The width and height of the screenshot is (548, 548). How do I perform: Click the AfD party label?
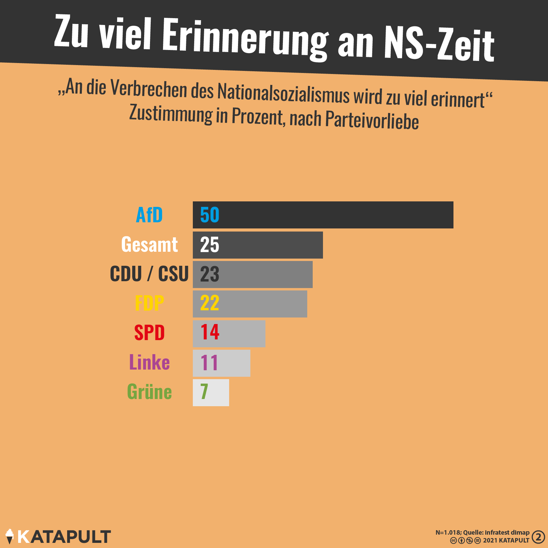(x=149, y=215)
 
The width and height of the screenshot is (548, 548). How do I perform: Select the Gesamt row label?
(x=149, y=245)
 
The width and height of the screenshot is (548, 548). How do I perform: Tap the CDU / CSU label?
(x=149, y=274)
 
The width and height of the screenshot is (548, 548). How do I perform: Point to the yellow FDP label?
(x=149, y=303)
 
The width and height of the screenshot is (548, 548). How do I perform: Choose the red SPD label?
(x=149, y=333)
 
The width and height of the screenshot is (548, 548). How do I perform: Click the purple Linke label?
(x=149, y=362)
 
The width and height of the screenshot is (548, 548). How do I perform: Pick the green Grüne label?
(x=149, y=392)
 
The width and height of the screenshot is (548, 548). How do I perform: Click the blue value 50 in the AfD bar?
(x=210, y=215)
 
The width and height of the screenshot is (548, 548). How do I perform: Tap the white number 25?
(x=210, y=245)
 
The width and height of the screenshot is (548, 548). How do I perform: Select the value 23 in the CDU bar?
(x=210, y=274)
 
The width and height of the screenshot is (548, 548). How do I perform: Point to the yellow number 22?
(x=210, y=303)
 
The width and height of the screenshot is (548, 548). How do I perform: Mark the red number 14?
(x=210, y=332)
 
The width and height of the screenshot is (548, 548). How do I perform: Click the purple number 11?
(x=209, y=363)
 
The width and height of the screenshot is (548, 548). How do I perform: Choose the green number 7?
(x=204, y=392)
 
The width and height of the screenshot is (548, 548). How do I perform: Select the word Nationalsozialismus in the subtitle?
(x=283, y=94)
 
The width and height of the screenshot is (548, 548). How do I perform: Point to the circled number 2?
(x=538, y=537)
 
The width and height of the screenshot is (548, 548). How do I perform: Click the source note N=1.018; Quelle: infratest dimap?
(x=482, y=533)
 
